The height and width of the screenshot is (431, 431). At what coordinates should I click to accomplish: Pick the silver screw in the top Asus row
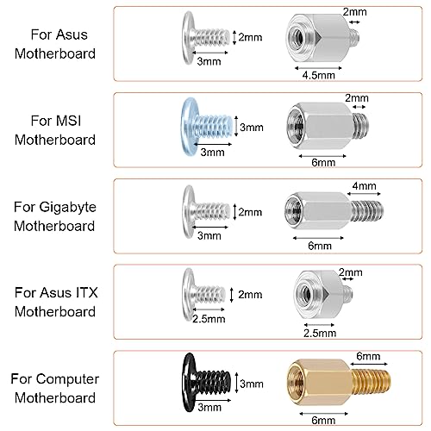pos(205,36)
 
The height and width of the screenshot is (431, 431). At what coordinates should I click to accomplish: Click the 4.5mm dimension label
pos(318,75)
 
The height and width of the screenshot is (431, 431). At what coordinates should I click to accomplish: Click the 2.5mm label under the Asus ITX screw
pos(208,318)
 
